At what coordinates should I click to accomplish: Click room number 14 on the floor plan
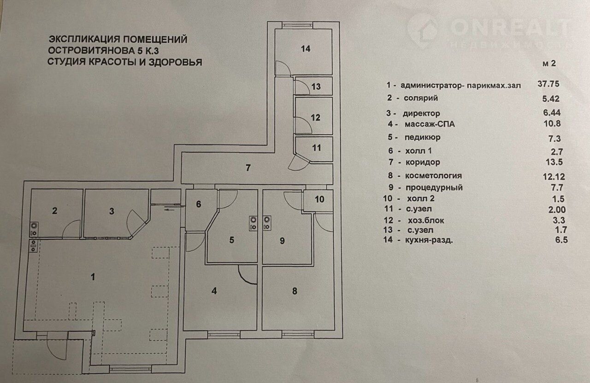304,49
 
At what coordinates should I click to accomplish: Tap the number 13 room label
316,86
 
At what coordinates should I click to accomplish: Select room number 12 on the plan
315,117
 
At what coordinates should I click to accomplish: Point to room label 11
316,148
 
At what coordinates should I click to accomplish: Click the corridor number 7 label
248,167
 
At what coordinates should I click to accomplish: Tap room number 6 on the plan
199,204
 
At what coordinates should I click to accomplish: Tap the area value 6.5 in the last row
548,239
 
